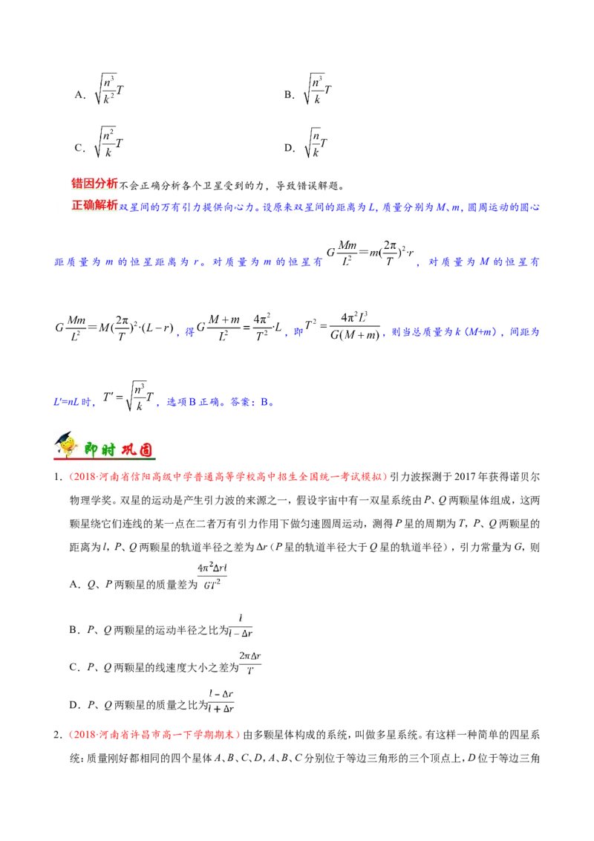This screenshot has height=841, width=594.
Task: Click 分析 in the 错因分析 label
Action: coord(106,183)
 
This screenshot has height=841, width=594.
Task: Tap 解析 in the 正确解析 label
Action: coord(106,205)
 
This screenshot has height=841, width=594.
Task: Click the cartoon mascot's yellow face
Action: coord(68,446)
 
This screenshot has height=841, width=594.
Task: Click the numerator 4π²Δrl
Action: coord(214,569)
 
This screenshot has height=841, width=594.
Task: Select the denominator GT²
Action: coord(214,585)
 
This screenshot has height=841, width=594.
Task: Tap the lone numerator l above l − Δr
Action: coord(240,619)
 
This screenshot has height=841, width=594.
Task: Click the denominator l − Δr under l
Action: coord(241,634)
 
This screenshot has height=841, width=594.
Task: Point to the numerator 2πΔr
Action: coord(252,655)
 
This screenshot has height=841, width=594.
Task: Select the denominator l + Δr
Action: coord(221,710)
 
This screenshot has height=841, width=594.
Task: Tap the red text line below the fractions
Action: coord(155,736)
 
